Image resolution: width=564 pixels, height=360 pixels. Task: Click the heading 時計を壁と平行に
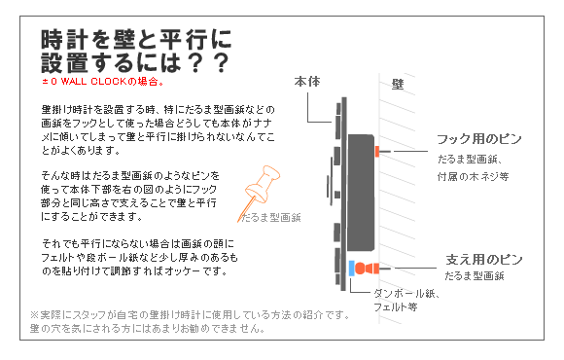[136, 39]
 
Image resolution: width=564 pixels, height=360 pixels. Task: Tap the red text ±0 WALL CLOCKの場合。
[103, 82]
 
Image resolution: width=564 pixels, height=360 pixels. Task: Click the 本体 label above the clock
[307, 82]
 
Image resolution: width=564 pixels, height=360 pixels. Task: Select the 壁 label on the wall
[398, 85]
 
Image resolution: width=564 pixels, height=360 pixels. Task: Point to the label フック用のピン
[479, 139]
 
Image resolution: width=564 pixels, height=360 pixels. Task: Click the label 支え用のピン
[484, 259]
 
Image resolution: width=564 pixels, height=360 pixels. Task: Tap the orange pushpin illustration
[259, 194]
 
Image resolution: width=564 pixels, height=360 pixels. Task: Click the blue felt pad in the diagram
[352, 269]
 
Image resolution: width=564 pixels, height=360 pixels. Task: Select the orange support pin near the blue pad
[367, 269]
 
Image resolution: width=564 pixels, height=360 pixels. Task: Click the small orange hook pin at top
[377, 151]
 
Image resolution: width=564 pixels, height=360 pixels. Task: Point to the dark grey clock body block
[361, 193]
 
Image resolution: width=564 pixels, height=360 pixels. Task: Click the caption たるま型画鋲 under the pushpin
[270, 218]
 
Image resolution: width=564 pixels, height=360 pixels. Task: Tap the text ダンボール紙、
[406, 294]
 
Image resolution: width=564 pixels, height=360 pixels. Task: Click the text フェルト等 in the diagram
[396, 307]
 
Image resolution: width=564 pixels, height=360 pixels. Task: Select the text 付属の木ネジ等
[473, 177]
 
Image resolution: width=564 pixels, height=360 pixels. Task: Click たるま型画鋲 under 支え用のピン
[475, 276]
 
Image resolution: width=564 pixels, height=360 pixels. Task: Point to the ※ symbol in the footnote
[34, 315]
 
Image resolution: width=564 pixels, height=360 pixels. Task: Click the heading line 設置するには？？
[135, 62]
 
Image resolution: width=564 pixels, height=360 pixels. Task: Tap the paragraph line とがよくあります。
[81, 150]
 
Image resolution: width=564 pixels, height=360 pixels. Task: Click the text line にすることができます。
[91, 216]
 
